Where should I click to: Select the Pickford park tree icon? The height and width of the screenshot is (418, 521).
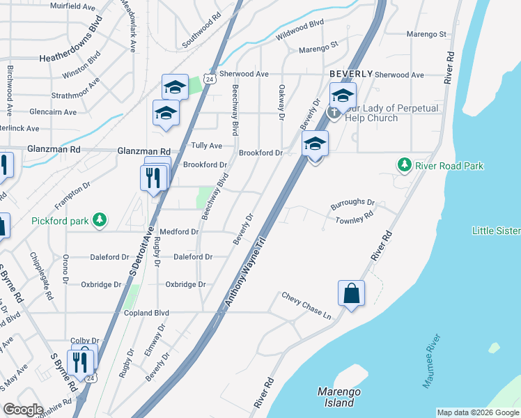tap(100, 221)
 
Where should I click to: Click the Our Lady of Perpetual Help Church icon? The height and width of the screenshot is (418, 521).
tap(334, 111)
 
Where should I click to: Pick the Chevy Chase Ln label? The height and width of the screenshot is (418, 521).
tap(306, 305)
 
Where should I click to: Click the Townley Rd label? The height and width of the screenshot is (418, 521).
tap(355, 218)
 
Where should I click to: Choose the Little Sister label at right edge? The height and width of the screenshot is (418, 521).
tap(496, 231)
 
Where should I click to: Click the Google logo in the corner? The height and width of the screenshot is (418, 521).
tap(24, 410)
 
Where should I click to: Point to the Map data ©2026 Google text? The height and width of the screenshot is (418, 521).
tap(477, 412)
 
